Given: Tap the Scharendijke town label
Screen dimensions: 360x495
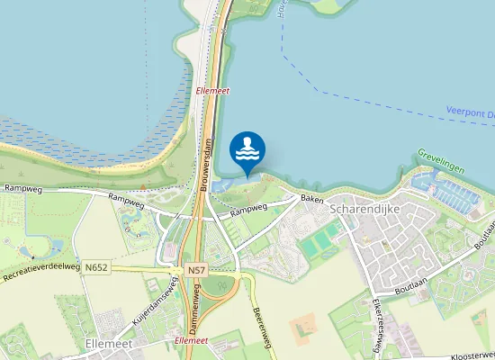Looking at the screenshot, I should click(364, 209).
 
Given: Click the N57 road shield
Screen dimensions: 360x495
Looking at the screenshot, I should click(196, 269).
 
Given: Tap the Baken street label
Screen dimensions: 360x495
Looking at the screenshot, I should click(311, 198).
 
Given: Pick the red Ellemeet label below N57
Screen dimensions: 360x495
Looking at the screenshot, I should click(192, 341).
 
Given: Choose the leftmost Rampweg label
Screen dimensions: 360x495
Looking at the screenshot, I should click(23, 189).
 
